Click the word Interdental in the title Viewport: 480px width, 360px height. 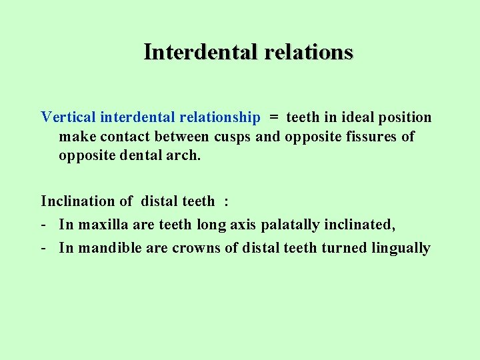201,51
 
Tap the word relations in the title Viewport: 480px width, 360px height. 308,51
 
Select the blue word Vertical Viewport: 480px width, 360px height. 68,117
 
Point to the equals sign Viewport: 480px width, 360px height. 273,117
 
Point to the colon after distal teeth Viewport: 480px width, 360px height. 227,201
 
